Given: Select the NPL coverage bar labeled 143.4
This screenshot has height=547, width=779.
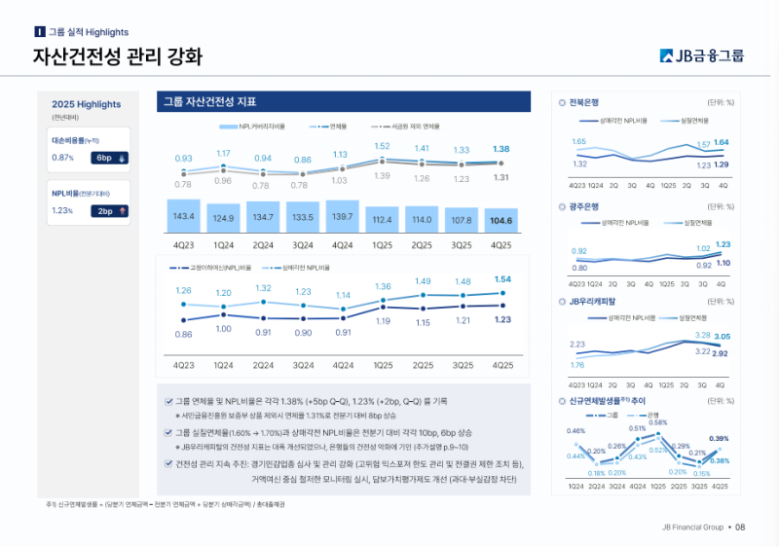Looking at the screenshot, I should (183, 216).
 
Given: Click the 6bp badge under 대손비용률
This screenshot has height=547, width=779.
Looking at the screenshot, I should (104, 157).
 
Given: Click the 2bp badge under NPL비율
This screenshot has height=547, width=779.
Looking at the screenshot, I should (104, 210).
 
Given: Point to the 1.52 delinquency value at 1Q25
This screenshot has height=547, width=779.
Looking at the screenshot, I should (382, 147).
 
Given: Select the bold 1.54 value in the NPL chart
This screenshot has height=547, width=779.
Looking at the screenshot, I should (502, 279).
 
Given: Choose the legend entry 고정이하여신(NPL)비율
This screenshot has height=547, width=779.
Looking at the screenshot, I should (213, 267).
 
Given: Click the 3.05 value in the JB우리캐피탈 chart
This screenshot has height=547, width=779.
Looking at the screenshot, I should (722, 337).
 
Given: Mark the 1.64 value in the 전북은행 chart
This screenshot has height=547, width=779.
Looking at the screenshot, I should (721, 143).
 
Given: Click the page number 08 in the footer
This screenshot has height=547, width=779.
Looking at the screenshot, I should (740, 527).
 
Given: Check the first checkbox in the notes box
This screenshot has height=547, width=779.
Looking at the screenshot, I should (168, 401).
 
